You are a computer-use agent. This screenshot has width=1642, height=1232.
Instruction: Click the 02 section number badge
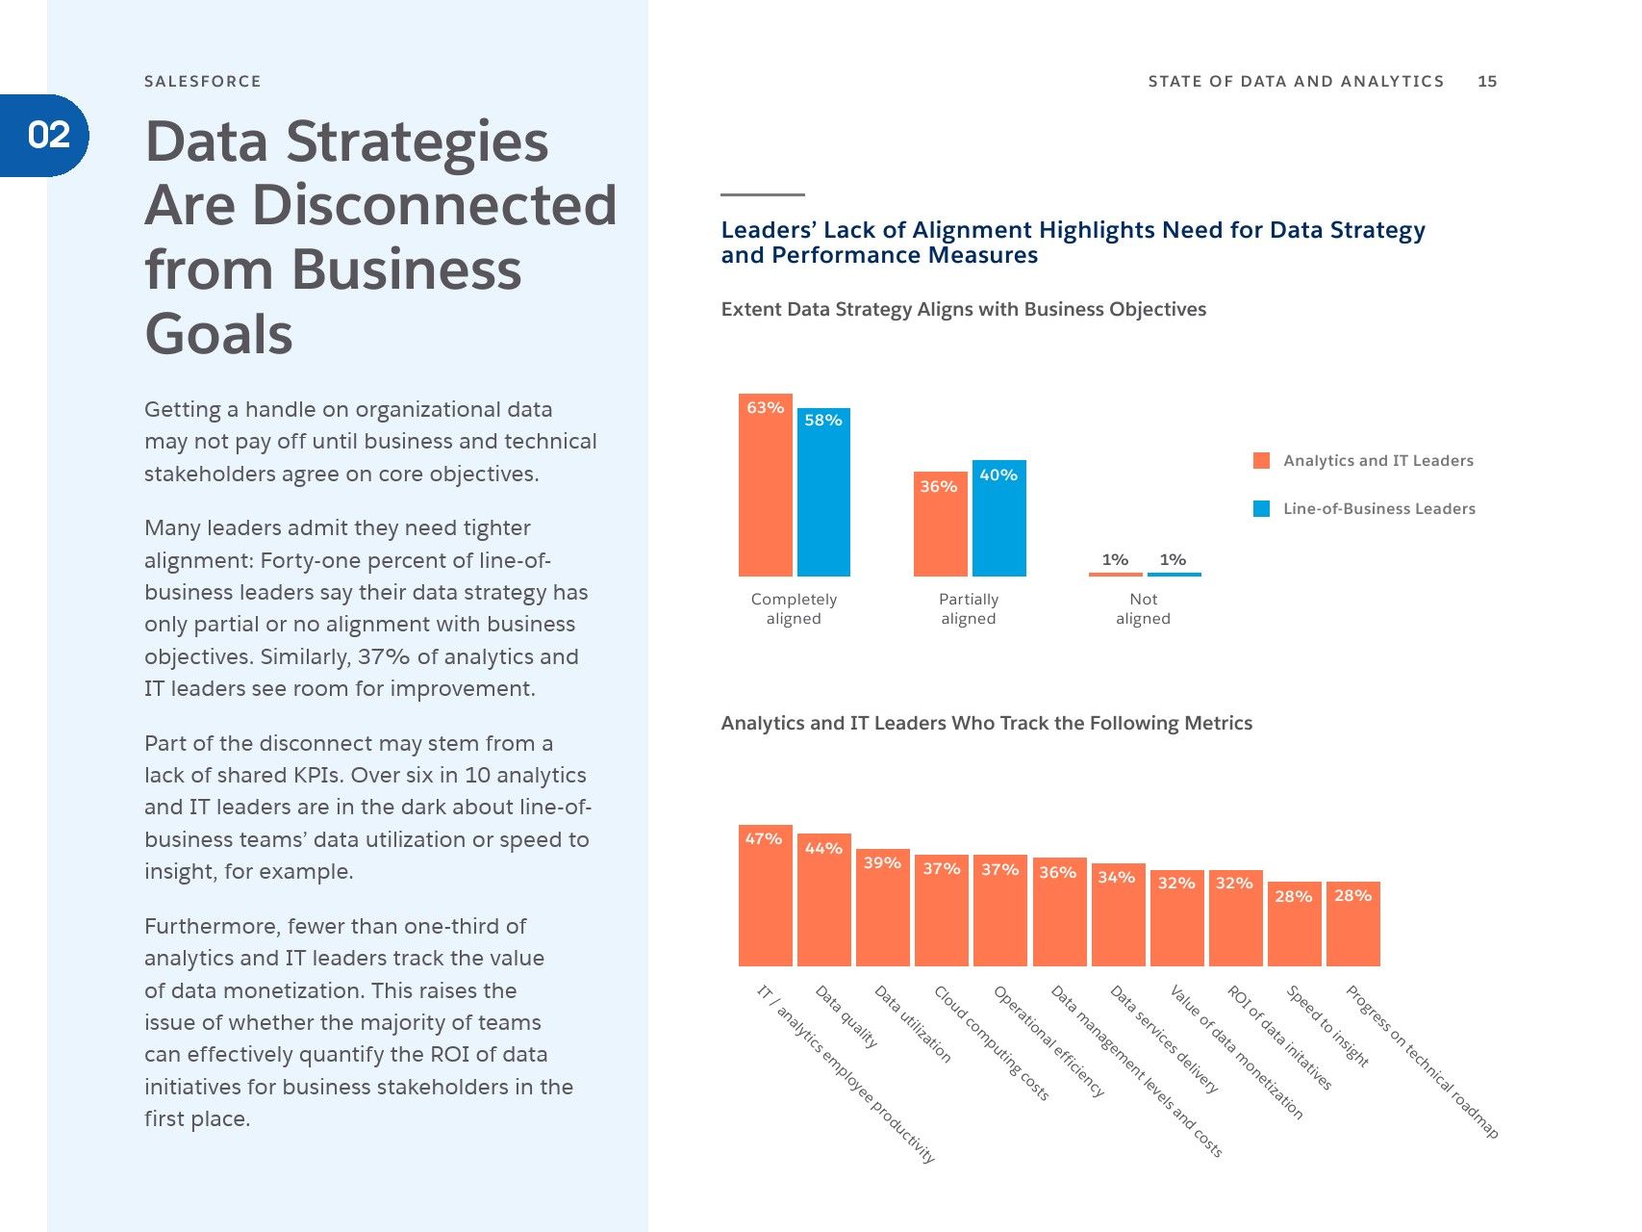coord(44,135)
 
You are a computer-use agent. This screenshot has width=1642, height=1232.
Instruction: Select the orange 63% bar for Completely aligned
coord(766,485)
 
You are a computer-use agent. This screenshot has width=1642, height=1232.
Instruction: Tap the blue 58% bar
coord(823,492)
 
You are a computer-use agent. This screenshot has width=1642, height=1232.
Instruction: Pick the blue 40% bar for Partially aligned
coord(998,518)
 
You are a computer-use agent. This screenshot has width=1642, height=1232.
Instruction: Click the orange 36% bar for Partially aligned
coord(940,524)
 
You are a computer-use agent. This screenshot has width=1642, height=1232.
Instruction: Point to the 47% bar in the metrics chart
coord(766,895)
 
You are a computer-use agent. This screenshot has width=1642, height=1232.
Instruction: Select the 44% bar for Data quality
coord(824,900)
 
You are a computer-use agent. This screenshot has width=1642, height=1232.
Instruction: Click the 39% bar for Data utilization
coord(883,907)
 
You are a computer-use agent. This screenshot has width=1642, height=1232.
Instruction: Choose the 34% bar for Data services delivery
coord(1118,914)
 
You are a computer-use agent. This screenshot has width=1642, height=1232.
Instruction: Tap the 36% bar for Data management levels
coord(1059,911)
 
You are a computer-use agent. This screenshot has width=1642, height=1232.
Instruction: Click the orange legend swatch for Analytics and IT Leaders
coord(1262,460)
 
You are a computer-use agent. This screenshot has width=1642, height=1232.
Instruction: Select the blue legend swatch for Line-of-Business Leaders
coord(1262,508)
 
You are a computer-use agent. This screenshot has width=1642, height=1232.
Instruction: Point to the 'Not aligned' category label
coord(1144,608)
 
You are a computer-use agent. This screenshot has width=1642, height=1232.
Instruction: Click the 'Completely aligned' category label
coord(795,608)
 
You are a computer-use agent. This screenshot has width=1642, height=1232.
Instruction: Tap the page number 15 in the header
coord(1487,82)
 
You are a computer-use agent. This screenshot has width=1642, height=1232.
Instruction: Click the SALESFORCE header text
coord(203,82)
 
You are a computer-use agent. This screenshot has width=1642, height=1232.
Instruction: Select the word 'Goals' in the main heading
coord(219,334)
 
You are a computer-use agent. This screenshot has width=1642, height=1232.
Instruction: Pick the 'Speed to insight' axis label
coord(1327,1026)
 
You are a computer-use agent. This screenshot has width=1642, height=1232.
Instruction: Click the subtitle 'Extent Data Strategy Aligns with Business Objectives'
coord(964,309)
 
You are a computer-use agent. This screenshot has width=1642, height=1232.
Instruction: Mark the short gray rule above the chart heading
coord(763,194)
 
